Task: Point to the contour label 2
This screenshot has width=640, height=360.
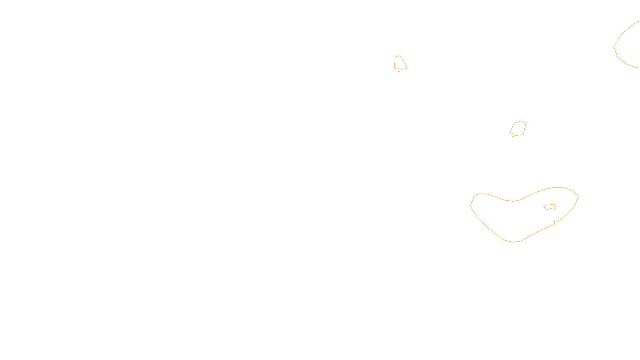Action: tap(554, 208)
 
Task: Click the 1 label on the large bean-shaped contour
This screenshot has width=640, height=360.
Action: tap(554, 223)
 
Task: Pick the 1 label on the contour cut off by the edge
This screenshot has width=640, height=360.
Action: tap(618, 40)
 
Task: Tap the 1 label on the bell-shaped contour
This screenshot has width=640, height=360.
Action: tap(399, 70)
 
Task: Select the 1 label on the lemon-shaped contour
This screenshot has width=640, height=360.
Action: tap(513, 135)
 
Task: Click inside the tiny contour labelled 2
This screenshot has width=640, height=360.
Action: tap(549, 207)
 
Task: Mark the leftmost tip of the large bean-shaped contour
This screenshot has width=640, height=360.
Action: tap(470, 206)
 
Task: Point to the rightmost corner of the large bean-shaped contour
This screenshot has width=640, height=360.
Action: tap(578, 196)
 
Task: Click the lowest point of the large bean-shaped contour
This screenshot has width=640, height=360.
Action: tap(513, 242)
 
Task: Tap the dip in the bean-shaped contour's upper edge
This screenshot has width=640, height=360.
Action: tap(513, 201)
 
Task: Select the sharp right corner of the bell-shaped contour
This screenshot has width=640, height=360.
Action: tap(407, 68)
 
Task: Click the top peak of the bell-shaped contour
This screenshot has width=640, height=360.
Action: tap(399, 56)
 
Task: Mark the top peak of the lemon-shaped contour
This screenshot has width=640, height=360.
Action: tap(521, 121)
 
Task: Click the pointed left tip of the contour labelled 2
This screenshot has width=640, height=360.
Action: tap(544, 206)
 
